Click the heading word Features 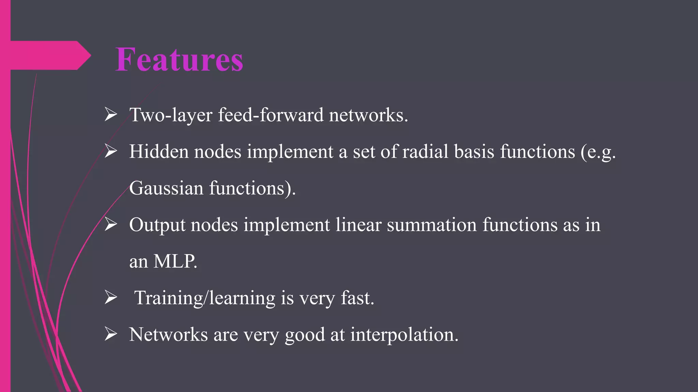click(179, 60)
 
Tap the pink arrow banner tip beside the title click(83, 55)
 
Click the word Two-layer click(171, 115)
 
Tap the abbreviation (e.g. click(598, 152)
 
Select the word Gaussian click(166, 188)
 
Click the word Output click(157, 225)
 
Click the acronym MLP click(175, 262)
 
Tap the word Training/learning click(205, 298)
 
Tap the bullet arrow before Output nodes click(111, 225)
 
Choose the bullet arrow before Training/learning click(111, 298)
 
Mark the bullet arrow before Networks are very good click(111, 334)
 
